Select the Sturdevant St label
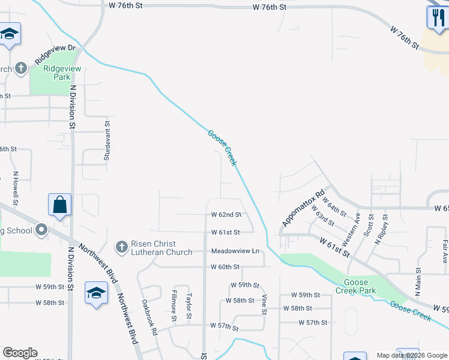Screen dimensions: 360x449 pos(108,143)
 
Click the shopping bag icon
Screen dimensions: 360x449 pos(61,205)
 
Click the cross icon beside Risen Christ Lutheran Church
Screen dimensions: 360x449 pos(121,247)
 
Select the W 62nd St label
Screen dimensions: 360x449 pos(226,214)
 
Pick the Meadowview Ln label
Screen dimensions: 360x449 pos(234,251)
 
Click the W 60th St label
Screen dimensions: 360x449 pos(225,266)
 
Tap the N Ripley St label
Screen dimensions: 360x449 pos(381,229)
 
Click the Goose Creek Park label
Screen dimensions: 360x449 pos(360,286)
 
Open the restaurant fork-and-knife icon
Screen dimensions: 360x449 pos(436,17)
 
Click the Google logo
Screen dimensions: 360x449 pos(20,353)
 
